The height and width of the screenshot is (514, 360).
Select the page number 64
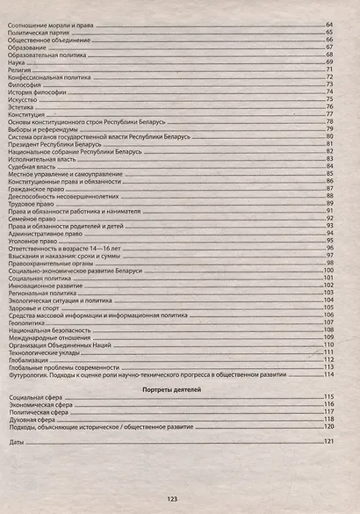point(330,24)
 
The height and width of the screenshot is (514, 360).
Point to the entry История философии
point(33,91)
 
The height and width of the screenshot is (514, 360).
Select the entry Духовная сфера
point(32,420)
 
